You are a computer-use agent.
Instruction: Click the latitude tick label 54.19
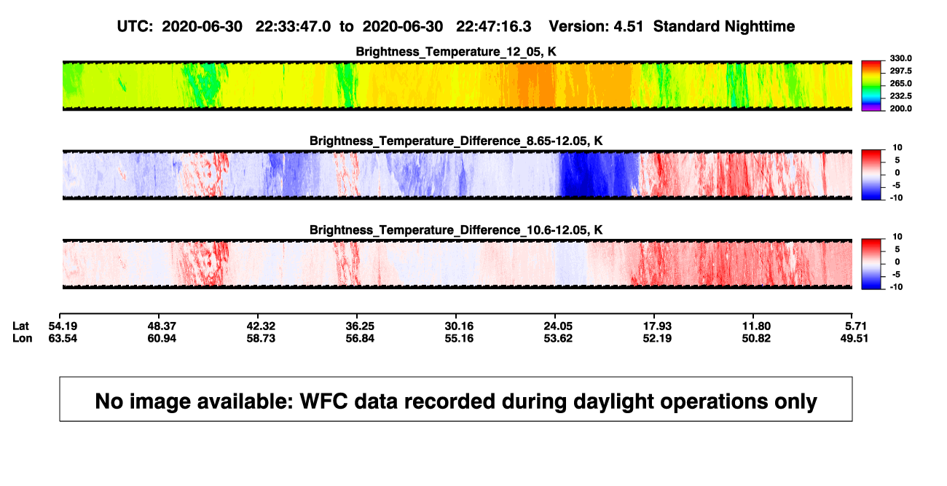coord(63,326)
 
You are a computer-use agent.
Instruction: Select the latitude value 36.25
coord(360,326)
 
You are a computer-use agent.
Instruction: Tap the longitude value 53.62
coord(558,338)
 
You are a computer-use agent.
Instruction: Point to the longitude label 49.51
coord(854,338)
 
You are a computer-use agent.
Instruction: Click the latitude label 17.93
coord(657,326)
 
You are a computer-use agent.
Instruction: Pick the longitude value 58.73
coord(261,338)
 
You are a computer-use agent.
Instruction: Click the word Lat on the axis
coord(20,326)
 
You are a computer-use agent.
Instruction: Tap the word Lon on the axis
coord(23,338)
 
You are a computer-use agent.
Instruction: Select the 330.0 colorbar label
coord(900,58)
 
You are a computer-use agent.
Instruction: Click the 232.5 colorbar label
coord(900,96)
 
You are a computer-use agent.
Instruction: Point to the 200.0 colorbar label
coord(900,109)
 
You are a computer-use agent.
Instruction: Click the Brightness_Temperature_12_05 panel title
coord(456,52)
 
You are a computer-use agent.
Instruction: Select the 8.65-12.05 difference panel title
coord(456,141)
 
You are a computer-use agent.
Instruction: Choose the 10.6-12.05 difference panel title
coord(456,230)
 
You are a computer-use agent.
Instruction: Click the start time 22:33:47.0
coord(293,26)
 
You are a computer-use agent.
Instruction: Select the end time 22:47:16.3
coord(493,26)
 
